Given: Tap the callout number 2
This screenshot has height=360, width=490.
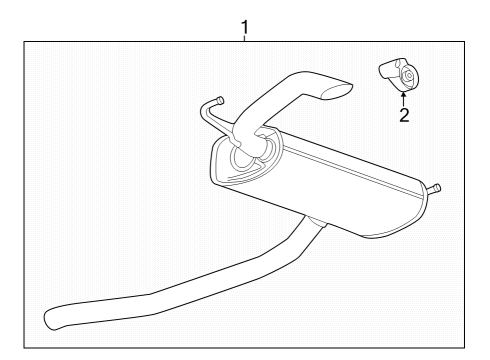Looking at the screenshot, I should pos(404,115).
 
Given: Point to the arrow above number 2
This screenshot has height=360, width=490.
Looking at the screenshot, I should pos(403,97).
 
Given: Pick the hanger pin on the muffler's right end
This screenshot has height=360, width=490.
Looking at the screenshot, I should pos(436,188).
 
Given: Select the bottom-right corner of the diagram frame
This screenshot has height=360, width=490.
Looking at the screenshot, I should pos(466,346).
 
